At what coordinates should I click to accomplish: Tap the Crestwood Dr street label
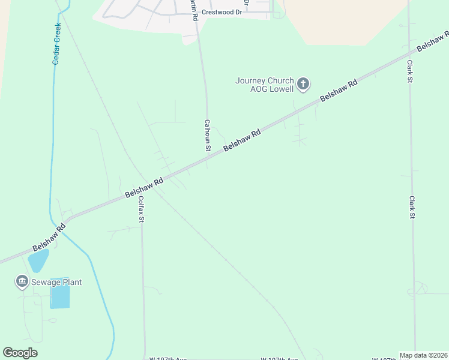pos(221,12)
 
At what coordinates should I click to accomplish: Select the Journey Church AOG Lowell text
pos(264,85)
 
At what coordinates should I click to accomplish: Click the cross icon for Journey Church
pos(303,84)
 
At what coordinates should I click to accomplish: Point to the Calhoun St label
pos(207,135)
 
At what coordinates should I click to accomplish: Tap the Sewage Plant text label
pos(56,282)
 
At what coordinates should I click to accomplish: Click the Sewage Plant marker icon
pos(22,281)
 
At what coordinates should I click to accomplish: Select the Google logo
pos(20,353)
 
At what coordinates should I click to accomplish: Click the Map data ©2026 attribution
pos(423,355)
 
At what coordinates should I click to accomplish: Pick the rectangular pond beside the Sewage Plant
pos(60,297)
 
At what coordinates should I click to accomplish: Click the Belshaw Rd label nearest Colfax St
pos(144,188)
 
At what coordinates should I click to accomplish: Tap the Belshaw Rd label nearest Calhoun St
pos(243,140)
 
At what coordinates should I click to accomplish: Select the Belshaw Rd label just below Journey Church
pos(339,91)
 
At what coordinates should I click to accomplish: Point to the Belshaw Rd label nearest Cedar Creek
pos(49,238)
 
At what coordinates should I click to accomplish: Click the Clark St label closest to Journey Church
pos(410,71)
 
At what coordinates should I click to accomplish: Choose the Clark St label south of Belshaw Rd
pos(412,207)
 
